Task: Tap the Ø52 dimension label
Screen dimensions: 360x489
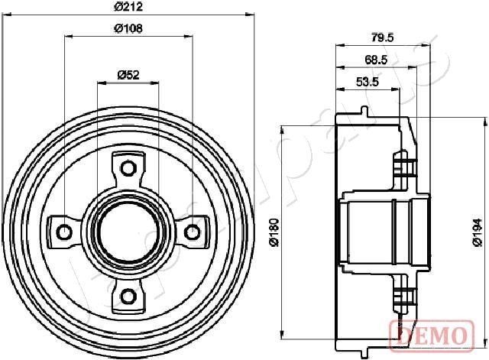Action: [x=128, y=74]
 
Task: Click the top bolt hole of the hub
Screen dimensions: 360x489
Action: [x=128, y=167]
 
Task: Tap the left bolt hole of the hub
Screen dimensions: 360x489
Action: [x=64, y=232]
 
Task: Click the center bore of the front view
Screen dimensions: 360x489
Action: [x=128, y=231]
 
